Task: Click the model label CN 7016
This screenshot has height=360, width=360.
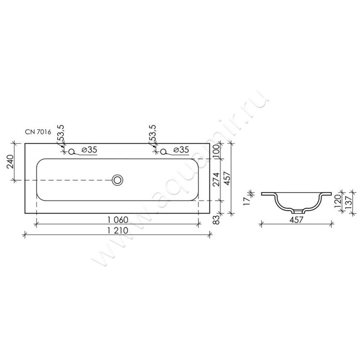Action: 38,132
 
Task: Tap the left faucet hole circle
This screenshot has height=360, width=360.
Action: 72,152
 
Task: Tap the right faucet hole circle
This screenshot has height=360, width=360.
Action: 163,152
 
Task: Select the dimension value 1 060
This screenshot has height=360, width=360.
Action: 118,220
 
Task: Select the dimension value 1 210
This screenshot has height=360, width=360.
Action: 118,230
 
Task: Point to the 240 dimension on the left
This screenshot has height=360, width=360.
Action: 10,162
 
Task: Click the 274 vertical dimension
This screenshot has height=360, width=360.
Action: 216,179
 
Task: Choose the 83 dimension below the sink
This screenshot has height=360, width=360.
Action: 216,219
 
